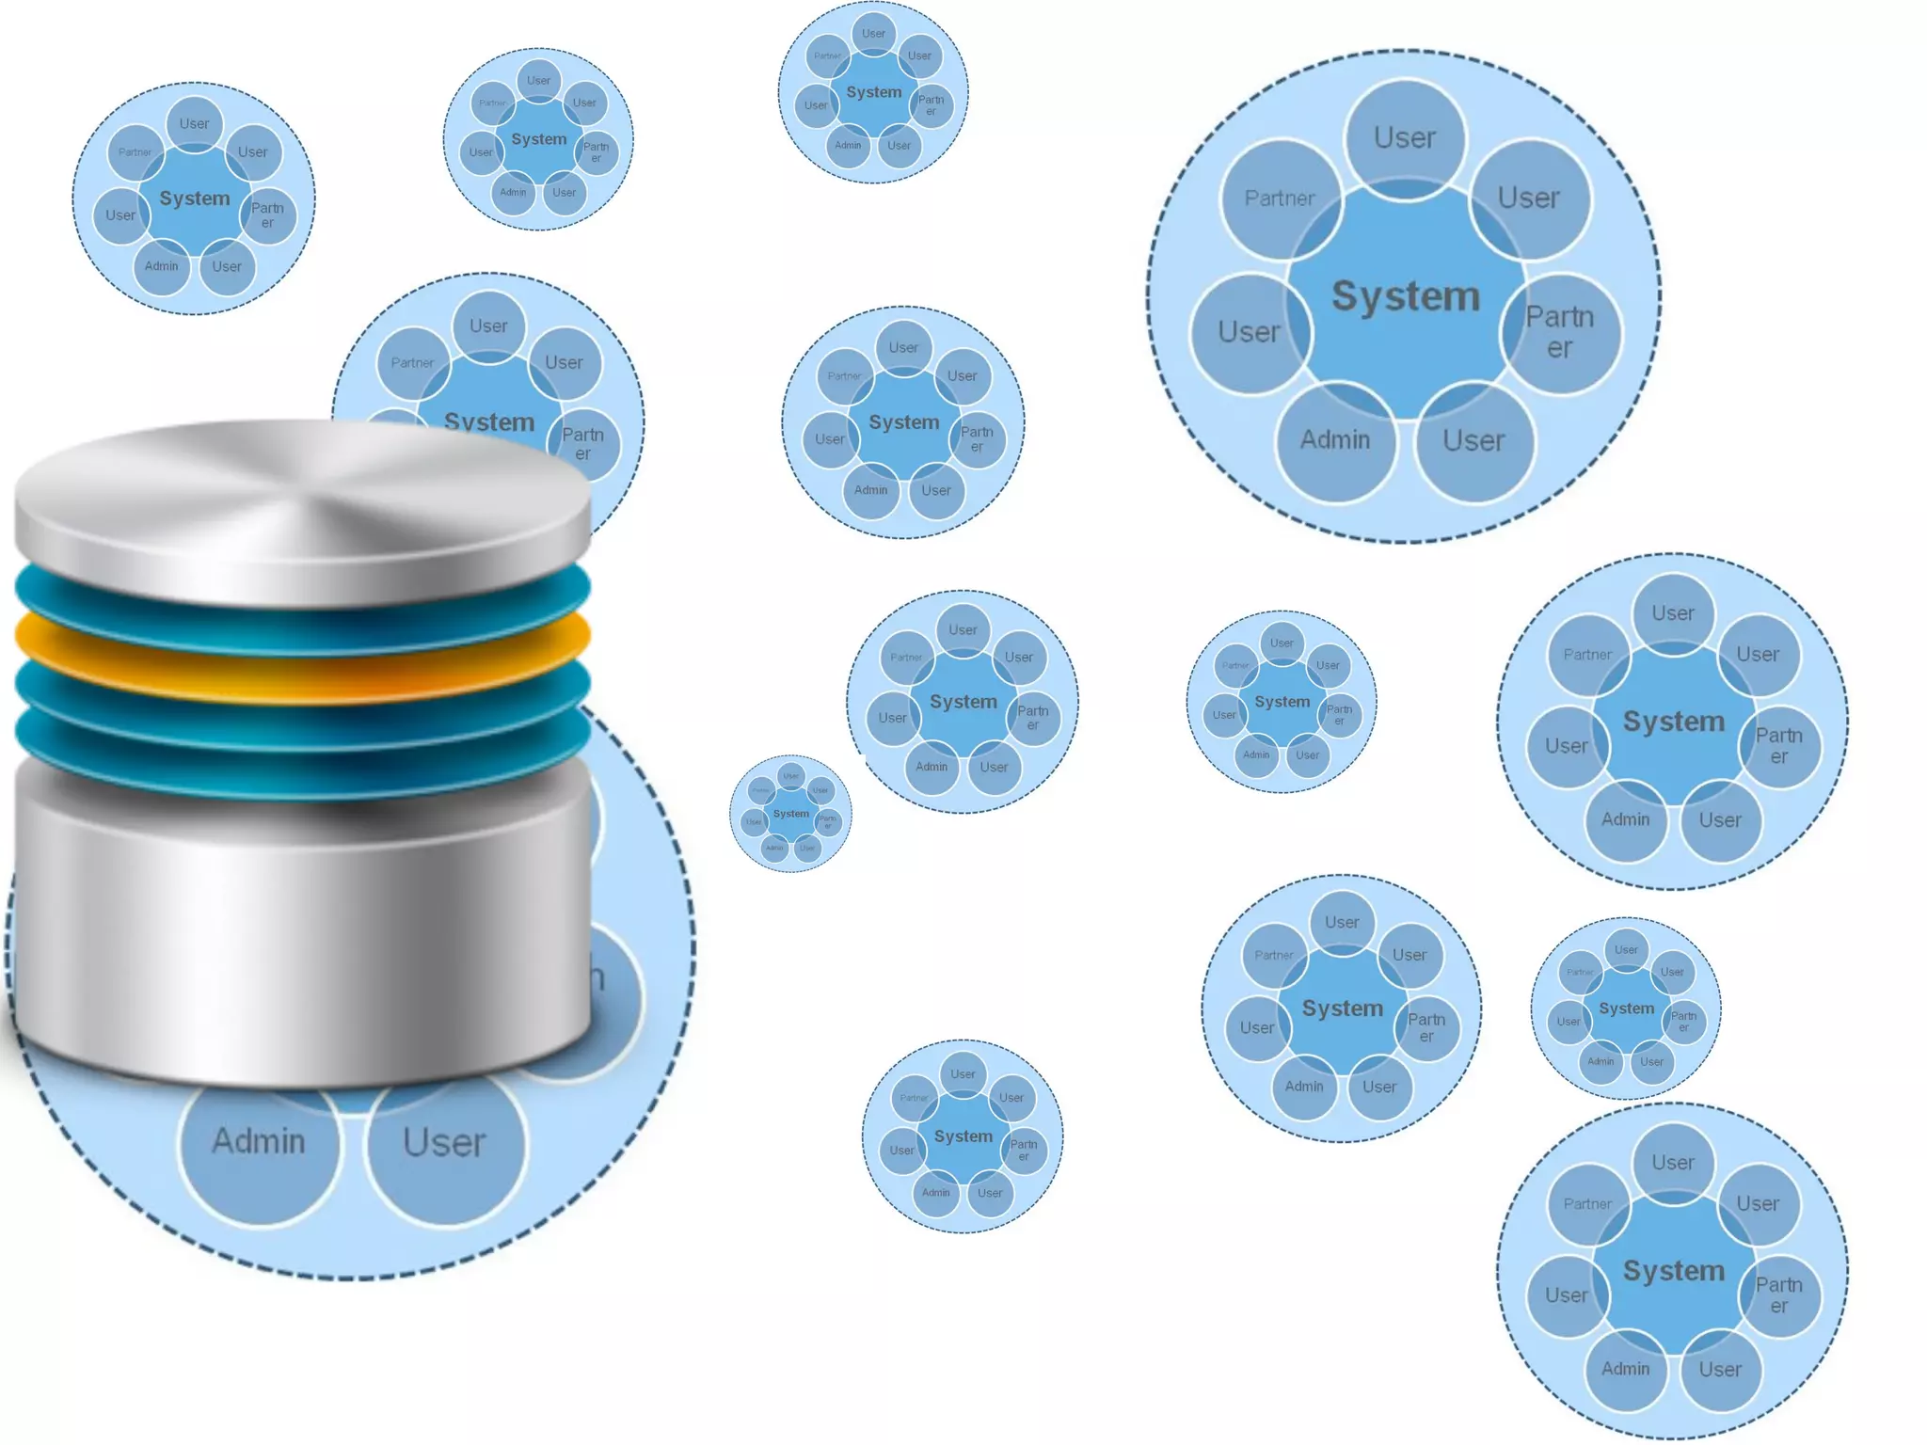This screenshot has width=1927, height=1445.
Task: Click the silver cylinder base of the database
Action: [301, 931]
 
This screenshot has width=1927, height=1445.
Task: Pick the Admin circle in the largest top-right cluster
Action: [1335, 440]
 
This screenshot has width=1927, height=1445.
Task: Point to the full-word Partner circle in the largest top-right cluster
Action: [1280, 198]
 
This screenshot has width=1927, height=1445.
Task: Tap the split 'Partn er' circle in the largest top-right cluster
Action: [1559, 332]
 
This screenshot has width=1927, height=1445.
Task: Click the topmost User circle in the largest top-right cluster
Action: [1405, 138]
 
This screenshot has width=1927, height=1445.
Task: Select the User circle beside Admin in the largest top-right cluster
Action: [1473, 440]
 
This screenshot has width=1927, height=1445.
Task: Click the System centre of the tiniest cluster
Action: [790, 814]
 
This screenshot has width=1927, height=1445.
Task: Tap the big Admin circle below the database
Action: [259, 1142]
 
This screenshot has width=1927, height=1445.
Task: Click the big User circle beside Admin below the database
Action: [444, 1143]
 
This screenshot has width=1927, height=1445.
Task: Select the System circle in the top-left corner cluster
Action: [194, 198]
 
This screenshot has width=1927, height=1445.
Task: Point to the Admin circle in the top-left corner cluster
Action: [162, 266]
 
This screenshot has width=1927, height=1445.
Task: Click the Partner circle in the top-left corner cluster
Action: [135, 152]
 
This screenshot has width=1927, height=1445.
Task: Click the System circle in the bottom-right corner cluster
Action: [1673, 1271]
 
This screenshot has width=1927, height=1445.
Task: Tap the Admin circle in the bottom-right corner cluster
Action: [1626, 1369]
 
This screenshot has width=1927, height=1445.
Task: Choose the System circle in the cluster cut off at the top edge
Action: [873, 92]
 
